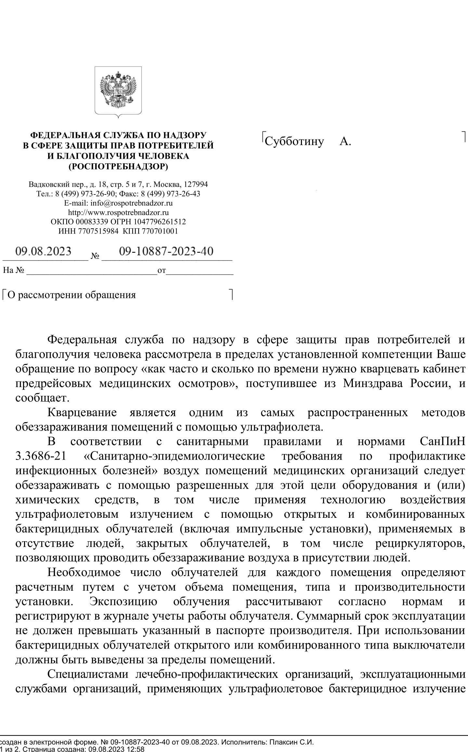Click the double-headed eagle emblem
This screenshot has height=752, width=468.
[x=118, y=90]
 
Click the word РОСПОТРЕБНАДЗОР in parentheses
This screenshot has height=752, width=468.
[x=118, y=167]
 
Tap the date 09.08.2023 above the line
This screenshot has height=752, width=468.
[x=44, y=251]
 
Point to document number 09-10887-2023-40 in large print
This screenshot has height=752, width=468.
[x=166, y=251]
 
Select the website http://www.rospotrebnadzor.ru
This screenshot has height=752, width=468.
[x=118, y=213]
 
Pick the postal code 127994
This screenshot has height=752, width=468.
[x=196, y=184]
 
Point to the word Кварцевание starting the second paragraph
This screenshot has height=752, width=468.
[x=82, y=412]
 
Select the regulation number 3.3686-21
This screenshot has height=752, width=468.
[x=41, y=456]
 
